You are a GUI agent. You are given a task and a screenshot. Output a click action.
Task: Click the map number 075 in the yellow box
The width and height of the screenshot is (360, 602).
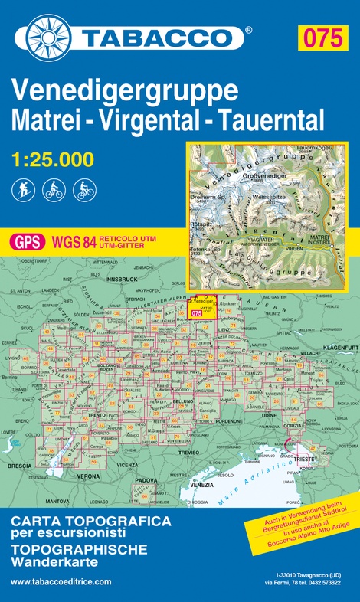coord(320,38)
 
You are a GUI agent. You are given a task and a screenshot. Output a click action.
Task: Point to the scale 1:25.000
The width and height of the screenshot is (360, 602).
coord(54,160)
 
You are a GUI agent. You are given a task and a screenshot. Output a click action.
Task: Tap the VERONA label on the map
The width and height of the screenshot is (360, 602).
coord(90,476)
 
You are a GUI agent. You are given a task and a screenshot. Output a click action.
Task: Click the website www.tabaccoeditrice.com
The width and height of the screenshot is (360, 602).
coord(61,581)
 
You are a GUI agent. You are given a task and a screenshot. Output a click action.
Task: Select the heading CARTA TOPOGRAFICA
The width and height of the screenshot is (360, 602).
coord(79,521)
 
